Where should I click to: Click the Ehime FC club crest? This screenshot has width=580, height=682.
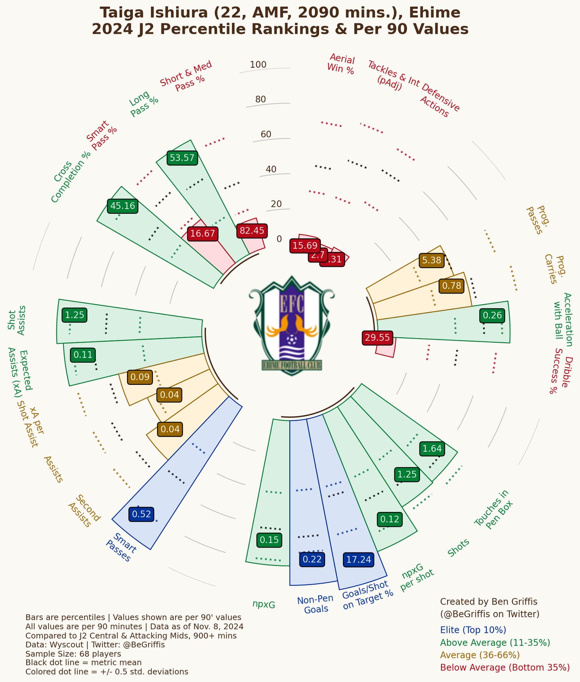292,325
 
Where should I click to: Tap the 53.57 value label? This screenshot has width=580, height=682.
182,158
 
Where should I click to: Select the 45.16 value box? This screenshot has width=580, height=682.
123,206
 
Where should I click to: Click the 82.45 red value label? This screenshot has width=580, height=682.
252,231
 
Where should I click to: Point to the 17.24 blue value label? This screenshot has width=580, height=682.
359,560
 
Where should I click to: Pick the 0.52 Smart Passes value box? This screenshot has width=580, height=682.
141,514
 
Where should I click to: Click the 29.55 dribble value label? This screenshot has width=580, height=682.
377,338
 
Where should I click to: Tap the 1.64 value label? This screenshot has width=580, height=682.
432,449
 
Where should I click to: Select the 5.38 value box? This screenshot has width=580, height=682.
431,260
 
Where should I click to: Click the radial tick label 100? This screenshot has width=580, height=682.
258,65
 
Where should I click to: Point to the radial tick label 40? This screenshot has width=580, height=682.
271,169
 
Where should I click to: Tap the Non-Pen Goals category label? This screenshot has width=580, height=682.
315,604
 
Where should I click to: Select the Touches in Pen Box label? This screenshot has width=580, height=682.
494,510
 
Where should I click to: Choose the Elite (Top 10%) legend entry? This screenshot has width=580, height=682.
473,630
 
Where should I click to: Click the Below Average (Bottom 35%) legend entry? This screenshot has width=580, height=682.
505,667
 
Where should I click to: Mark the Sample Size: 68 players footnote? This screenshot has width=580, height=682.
73,654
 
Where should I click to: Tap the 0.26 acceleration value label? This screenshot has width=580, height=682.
492,315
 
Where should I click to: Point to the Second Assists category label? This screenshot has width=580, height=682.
84,511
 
